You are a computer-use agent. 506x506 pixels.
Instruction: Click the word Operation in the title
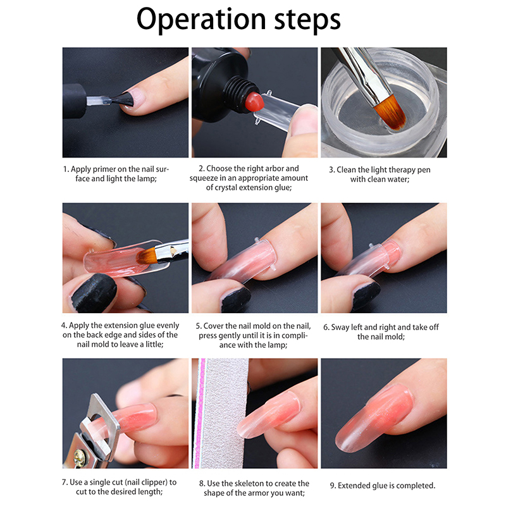pyautogui.click(x=201, y=20)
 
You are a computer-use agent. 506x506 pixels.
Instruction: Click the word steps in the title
pyautogui.click(x=307, y=20)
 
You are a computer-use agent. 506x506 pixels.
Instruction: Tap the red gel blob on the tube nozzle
pyautogui.click(x=254, y=101)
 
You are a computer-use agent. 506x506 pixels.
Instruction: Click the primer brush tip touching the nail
pyautogui.click(x=124, y=99)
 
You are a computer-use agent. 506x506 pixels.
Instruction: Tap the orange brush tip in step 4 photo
pyautogui.click(x=146, y=255)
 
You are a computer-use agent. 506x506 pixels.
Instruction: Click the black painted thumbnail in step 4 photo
pyautogui.click(x=94, y=293)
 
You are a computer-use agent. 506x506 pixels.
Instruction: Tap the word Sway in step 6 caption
pyautogui.click(x=340, y=327)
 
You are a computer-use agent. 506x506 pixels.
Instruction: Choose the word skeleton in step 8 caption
pyautogui.click(x=249, y=483)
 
